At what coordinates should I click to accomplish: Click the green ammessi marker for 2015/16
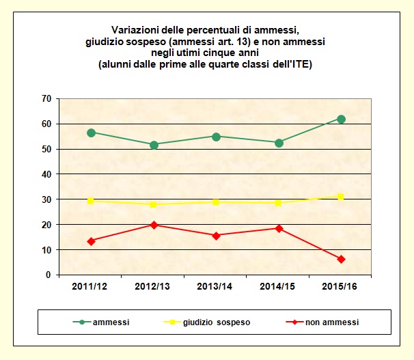point(342,119)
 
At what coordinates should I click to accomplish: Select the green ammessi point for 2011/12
point(91,133)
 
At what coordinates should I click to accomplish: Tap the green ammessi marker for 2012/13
point(154,145)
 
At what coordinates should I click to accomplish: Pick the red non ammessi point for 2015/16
point(342,259)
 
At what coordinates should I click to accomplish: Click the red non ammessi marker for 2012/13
point(154,225)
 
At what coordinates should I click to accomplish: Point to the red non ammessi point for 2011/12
point(91,241)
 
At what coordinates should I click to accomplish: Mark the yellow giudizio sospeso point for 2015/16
point(342,197)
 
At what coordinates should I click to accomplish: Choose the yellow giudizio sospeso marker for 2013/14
point(216,202)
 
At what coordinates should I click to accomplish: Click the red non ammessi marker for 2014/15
point(279,228)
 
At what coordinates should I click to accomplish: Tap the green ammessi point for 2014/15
point(279,143)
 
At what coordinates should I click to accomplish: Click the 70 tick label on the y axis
point(46,99)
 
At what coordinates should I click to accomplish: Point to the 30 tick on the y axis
point(46,199)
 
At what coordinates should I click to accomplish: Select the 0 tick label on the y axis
point(49,275)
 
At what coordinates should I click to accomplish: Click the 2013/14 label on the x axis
point(216,286)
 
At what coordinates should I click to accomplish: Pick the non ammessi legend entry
point(333,321)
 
